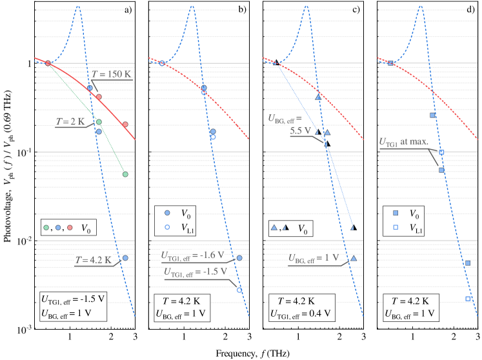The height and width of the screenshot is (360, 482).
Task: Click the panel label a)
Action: pos(128,9)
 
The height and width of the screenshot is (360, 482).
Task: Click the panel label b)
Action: pos(242,9)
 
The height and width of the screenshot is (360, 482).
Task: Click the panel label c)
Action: pos(356,9)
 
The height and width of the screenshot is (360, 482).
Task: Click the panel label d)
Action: pos(469,9)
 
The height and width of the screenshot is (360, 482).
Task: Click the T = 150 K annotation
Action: pos(111,74)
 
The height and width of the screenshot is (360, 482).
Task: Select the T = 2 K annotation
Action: pos(70,121)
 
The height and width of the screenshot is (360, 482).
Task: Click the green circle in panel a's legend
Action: pos(46,228)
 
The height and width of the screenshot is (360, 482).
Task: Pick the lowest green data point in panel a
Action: pos(125,174)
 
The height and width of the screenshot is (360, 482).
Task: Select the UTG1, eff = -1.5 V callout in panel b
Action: pos(196,272)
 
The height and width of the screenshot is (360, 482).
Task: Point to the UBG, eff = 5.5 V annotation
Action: pos(290,123)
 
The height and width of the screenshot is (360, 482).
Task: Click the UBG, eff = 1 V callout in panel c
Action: pos(314,258)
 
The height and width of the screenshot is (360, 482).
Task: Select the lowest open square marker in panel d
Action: pos(468,299)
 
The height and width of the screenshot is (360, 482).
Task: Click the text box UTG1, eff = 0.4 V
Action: pos(301,314)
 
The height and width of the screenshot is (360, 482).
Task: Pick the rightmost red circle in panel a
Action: pos(125,124)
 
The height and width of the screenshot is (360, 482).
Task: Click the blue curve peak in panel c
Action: pos(306,6)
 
